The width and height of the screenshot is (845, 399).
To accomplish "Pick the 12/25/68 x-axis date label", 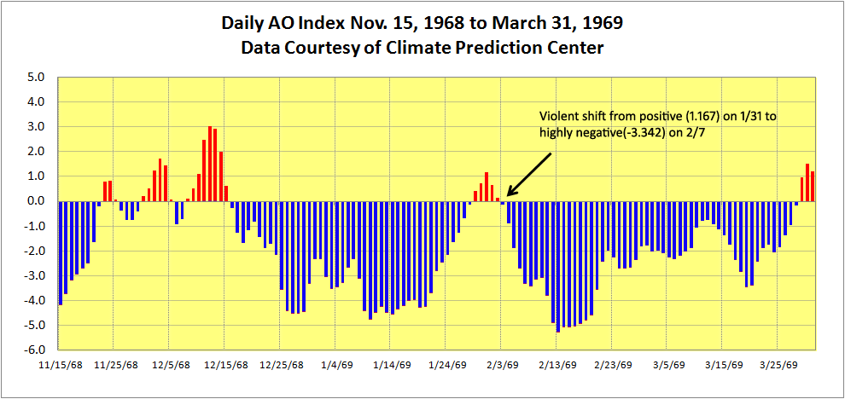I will (x=281, y=364).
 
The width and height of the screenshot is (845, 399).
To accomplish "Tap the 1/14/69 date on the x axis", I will (x=392, y=364).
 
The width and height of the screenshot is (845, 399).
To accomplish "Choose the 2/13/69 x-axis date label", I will (x=557, y=364).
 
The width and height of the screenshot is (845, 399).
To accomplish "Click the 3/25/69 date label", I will (x=778, y=364).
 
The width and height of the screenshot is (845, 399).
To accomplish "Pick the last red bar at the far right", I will (x=813, y=187).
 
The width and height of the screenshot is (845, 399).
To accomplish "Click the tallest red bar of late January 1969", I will (x=486, y=187).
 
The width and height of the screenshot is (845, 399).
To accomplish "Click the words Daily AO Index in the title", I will (x=269, y=22).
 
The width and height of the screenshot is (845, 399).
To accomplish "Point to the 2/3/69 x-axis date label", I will (x=503, y=364).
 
